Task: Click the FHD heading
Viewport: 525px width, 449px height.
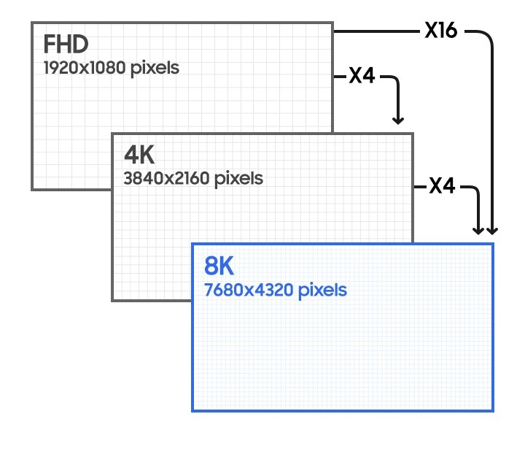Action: tap(66, 45)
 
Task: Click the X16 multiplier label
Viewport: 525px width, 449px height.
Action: tap(441, 31)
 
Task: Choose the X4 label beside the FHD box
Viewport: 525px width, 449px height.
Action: tap(362, 75)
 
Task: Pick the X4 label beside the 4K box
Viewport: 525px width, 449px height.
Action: tap(442, 187)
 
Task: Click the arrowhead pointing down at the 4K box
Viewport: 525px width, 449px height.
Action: tap(398, 120)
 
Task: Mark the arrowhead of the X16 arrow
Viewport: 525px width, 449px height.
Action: tap(493, 230)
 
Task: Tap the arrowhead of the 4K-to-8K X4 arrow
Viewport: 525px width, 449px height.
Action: tap(479, 230)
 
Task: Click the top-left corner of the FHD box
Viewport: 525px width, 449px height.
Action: tap(32, 23)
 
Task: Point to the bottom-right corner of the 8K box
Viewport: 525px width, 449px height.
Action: tap(493, 410)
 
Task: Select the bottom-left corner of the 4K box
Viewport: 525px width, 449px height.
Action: tap(112, 299)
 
